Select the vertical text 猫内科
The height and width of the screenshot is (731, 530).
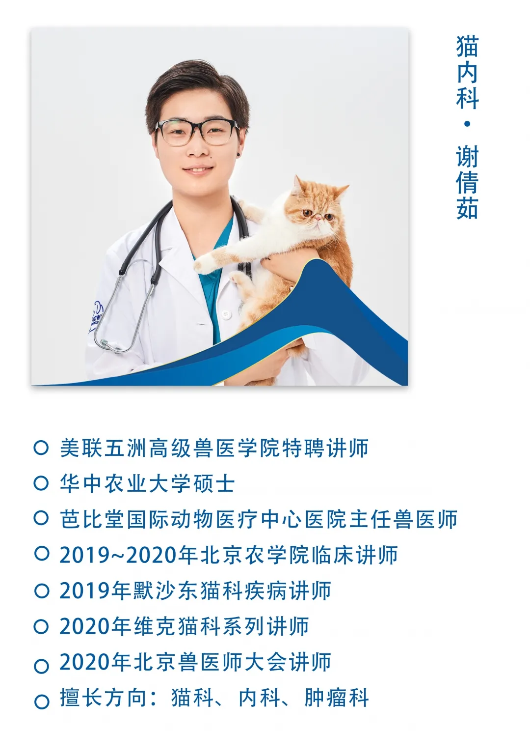click(x=467, y=72)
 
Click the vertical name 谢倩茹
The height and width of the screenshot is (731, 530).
click(x=467, y=182)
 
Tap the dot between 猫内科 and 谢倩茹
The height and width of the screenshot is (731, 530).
click(x=467, y=124)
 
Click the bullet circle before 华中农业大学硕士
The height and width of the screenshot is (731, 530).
click(x=41, y=483)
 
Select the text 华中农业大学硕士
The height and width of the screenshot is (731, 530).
click(x=147, y=483)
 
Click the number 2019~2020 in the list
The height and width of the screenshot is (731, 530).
click(x=118, y=555)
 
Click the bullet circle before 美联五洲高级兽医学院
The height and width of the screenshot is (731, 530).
click(x=41, y=448)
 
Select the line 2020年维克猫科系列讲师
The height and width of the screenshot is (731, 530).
click(x=184, y=626)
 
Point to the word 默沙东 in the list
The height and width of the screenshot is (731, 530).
click(x=164, y=590)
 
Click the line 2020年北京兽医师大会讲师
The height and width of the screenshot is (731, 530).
click(x=195, y=662)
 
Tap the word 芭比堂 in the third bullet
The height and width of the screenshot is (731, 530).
click(x=93, y=519)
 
